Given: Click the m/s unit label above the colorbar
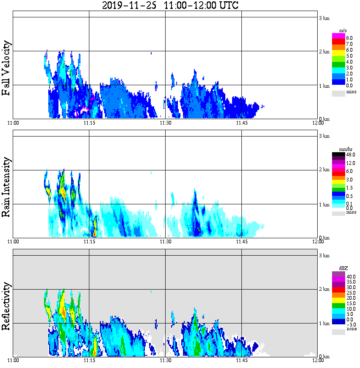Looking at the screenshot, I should pyautogui.click(x=343, y=31).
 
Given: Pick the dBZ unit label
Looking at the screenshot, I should pyautogui.click(x=343, y=269).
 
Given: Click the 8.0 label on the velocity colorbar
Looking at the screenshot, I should pyautogui.click(x=350, y=38).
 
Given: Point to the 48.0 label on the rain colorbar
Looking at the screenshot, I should pyautogui.click(x=351, y=155).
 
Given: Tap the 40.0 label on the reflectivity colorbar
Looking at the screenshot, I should pyautogui.click(x=351, y=276).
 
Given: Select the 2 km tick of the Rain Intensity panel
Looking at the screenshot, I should pyautogui.click(x=324, y=170).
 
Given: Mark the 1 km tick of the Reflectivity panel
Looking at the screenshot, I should pyautogui.click(x=324, y=323).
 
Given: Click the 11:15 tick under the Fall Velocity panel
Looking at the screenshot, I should pyautogui.click(x=89, y=123).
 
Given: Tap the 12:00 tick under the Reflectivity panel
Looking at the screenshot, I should pyautogui.click(x=318, y=361).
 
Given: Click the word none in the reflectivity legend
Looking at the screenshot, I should pyautogui.click(x=352, y=329).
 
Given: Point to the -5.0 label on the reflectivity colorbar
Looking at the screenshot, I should pyautogui.click(x=351, y=324).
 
